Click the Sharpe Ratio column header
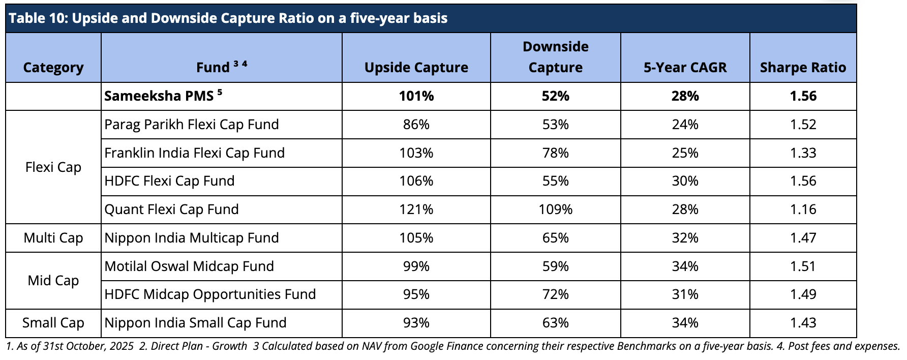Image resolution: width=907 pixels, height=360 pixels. (803, 68)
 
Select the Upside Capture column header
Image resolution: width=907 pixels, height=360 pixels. (416, 68)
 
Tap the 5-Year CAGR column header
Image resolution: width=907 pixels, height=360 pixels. (685, 68)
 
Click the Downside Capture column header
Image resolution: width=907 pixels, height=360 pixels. (556, 57)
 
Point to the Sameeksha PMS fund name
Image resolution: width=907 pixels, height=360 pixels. (159, 96)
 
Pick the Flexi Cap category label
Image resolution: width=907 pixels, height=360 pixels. (53, 167)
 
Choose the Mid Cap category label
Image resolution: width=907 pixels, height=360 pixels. (53, 281)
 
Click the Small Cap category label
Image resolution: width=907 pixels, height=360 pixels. (53, 323)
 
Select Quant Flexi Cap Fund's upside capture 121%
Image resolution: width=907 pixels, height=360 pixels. (416, 209)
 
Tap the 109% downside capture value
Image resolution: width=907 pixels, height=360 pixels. (556, 209)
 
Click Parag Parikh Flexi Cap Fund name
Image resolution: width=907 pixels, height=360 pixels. (192, 125)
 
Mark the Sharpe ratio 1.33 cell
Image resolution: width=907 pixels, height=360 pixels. (803, 153)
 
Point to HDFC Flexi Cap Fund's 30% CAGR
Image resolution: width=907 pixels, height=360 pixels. (685, 181)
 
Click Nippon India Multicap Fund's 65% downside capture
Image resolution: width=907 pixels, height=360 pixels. (556, 238)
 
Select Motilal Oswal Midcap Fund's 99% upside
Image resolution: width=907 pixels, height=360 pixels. (416, 266)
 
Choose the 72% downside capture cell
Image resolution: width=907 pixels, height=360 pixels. (556, 294)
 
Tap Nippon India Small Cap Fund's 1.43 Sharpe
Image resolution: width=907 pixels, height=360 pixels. (803, 323)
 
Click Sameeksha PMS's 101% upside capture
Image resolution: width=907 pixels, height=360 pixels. (416, 96)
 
